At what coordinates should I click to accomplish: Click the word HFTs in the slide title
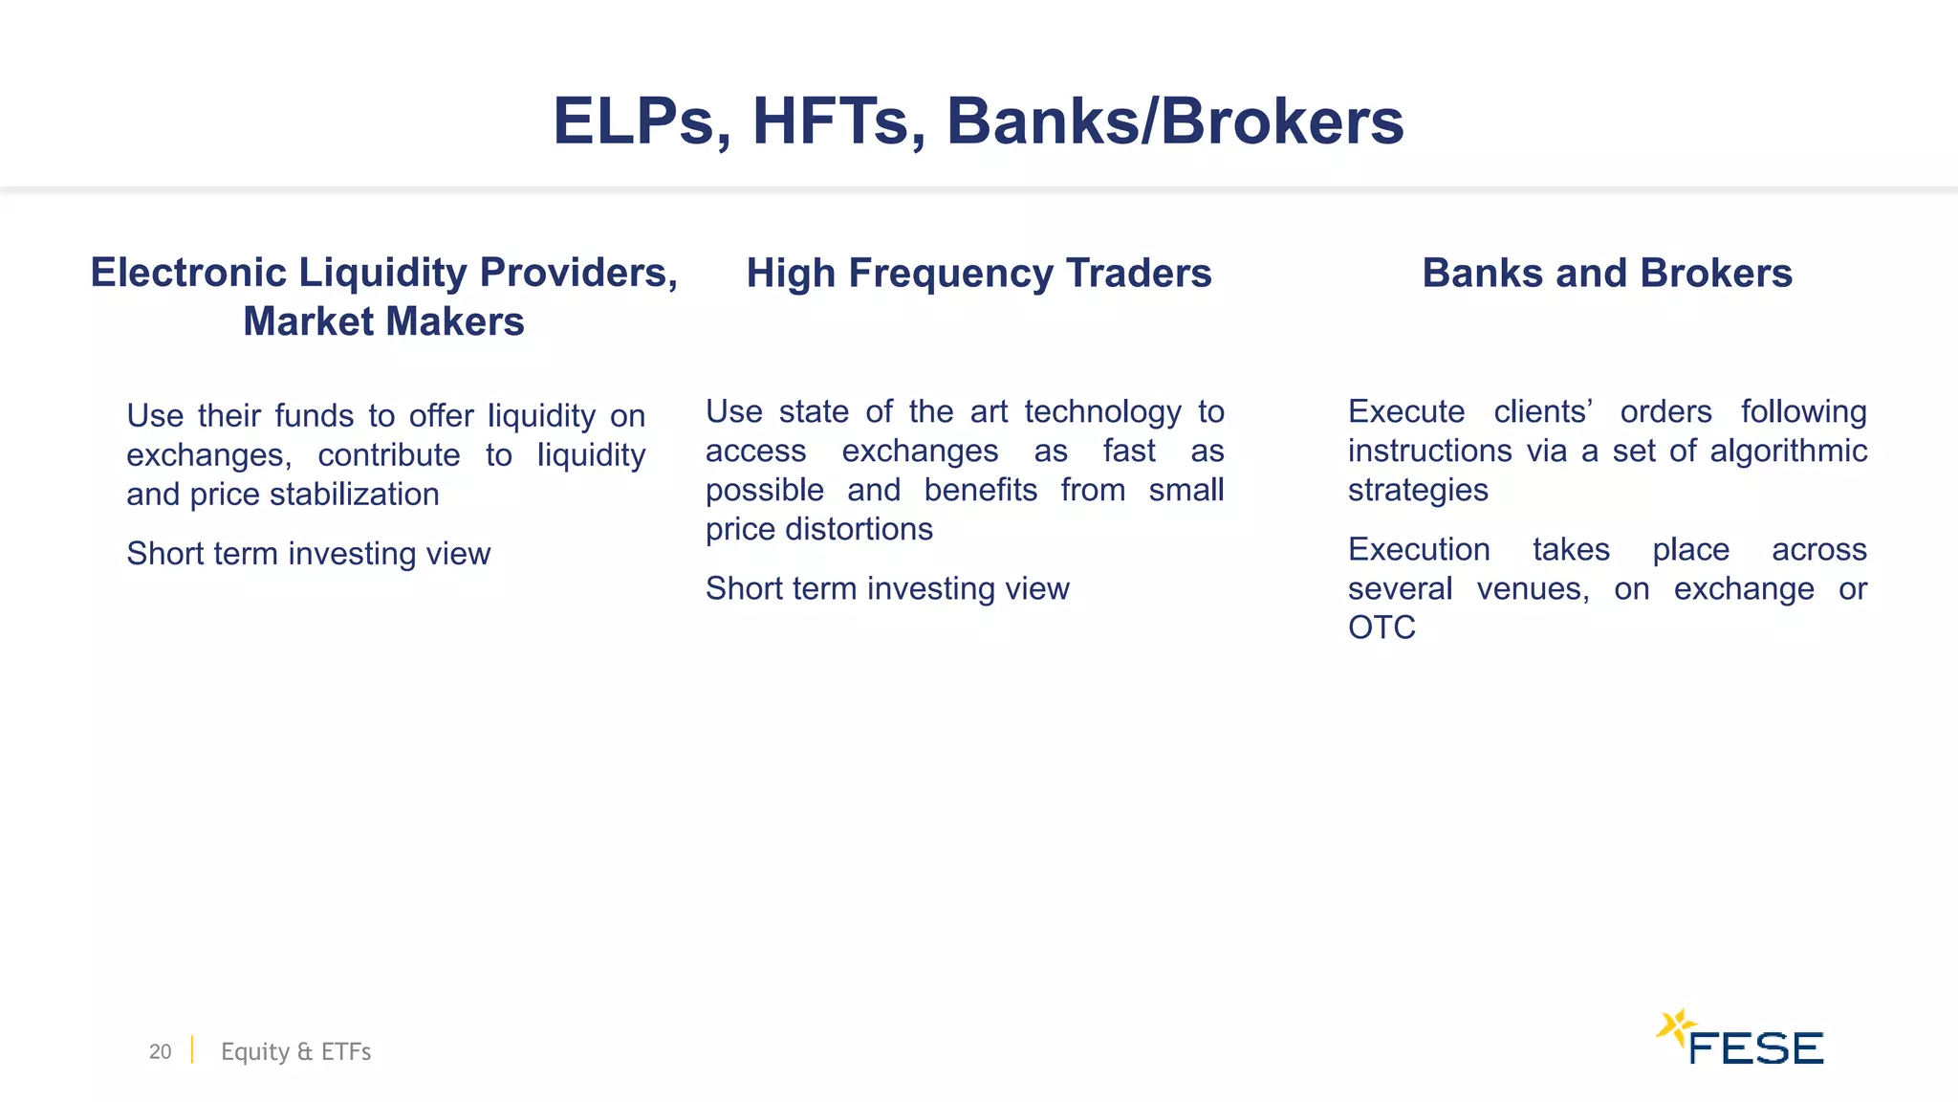click(x=838, y=121)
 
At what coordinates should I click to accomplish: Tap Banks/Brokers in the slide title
click(x=1175, y=121)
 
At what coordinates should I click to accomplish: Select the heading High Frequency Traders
click(x=979, y=273)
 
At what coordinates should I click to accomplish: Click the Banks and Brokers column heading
click(x=1606, y=273)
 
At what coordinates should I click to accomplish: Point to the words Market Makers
click(x=383, y=321)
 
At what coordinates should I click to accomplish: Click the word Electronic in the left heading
click(x=188, y=273)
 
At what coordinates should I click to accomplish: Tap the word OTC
click(x=1381, y=628)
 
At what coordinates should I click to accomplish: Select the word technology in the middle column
click(x=1102, y=412)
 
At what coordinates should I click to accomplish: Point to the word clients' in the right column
click(x=1542, y=411)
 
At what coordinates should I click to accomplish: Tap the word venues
click(x=1533, y=588)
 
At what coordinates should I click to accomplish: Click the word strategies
click(x=1418, y=490)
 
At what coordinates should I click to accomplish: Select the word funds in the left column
click(x=314, y=416)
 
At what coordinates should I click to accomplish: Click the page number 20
click(x=160, y=1051)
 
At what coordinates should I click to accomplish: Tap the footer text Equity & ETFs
click(x=295, y=1051)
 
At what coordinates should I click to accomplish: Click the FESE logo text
click(x=1755, y=1048)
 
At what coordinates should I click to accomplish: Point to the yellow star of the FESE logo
click(x=1674, y=1028)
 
